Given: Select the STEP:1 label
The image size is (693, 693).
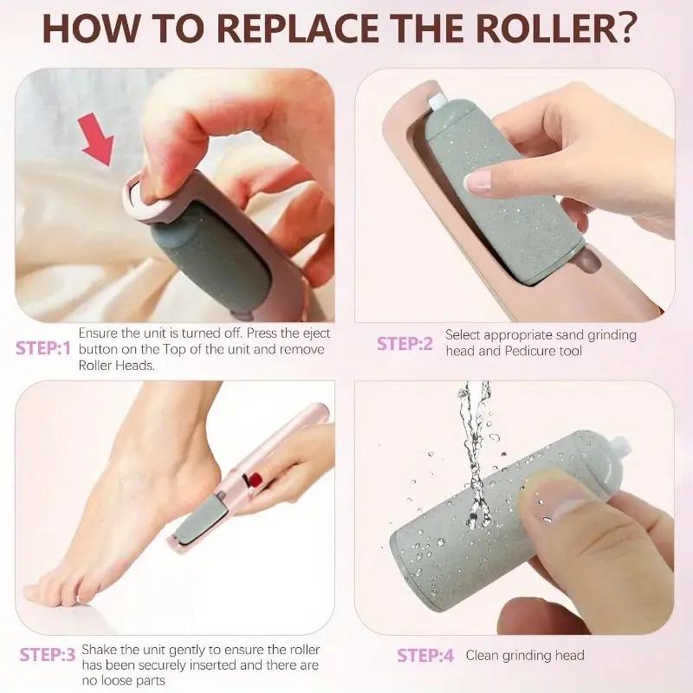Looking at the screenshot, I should tap(42, 349).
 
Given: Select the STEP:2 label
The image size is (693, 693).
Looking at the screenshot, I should tap(405, 343).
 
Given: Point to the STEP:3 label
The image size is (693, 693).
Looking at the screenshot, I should tap(47, 655).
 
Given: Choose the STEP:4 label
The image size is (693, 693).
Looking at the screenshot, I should tap(425, 656).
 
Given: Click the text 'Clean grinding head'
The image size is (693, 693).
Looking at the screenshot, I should tap(525, 656).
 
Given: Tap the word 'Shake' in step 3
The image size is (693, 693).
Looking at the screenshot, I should tap(99, 648).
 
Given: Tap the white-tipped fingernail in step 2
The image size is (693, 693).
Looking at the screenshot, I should tap(477, 182).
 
